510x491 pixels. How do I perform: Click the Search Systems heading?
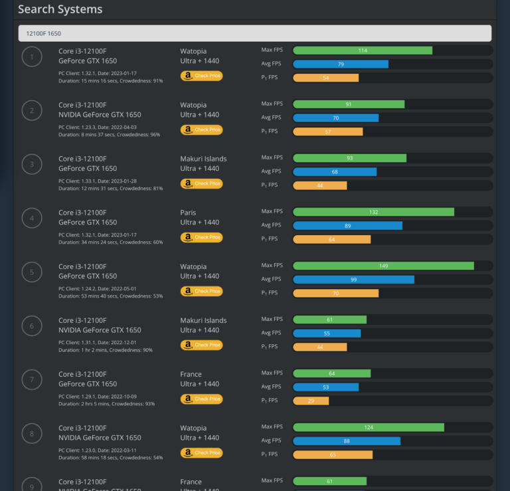pos(60,9)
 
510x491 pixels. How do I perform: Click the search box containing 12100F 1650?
pos(254,33)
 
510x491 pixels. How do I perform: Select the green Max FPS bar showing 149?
pos(383,266)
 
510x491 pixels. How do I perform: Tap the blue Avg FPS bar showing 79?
pos(340,64)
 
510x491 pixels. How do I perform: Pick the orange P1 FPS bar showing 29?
pos(311,401)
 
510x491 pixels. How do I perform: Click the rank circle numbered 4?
pos(32,218)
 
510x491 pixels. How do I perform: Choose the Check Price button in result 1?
pos(201,76)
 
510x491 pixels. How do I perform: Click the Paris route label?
pos(188,213)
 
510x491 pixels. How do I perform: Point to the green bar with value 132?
pos(373,212)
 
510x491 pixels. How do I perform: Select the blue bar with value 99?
pos(353,279)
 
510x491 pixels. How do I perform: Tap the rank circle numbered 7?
pos(32,379)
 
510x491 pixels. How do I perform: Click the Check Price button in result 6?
pos(201,345)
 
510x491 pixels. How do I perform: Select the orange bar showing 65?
pos(332,454)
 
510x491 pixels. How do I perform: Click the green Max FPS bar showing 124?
pos(368,427)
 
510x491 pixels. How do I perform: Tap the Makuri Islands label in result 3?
pos(203,159)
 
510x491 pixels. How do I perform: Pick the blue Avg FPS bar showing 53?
pos(325,387)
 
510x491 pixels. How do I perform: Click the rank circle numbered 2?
pos(32,110)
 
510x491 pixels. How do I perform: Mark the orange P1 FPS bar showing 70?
pos(335,293)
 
